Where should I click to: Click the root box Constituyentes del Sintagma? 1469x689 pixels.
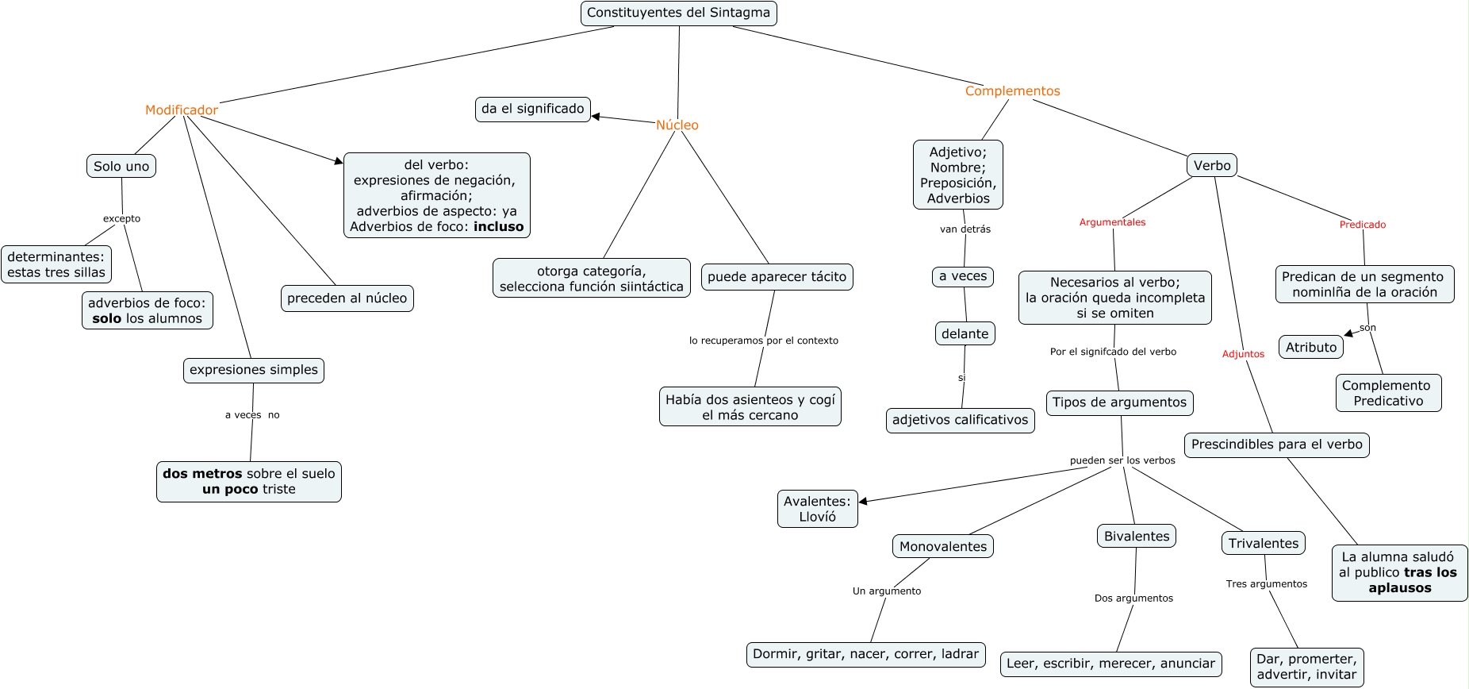click(678, 13)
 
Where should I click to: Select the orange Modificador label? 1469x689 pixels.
click(181, 110)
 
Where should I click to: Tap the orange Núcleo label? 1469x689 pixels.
click(677, 125)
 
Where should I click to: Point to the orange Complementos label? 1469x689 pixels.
click(1012, 91)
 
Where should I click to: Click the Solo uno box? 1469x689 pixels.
click(121, 167)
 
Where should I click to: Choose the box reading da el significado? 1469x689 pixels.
click(533, 109)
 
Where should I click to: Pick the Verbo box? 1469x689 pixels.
click(1212, 166)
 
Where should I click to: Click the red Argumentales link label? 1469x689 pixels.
click(1112, 222)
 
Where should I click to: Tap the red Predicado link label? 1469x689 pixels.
click(1363, 225)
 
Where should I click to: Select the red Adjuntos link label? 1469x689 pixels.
click(1243, 354)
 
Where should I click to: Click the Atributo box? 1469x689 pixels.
click(1311, 348)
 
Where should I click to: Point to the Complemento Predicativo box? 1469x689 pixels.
click(1388, 393)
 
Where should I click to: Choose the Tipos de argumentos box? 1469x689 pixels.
click(1119, 402)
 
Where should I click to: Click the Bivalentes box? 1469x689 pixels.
click(1137, 537)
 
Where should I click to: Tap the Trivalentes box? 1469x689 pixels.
click(1264, 544)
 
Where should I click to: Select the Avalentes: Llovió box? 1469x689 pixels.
click(817, 509)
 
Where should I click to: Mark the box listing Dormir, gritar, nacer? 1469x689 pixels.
click(865, 654)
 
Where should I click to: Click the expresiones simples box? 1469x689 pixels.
click(254, 370)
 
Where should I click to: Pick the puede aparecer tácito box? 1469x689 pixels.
click(777, 277)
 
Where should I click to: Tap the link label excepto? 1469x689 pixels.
click(121, 219)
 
